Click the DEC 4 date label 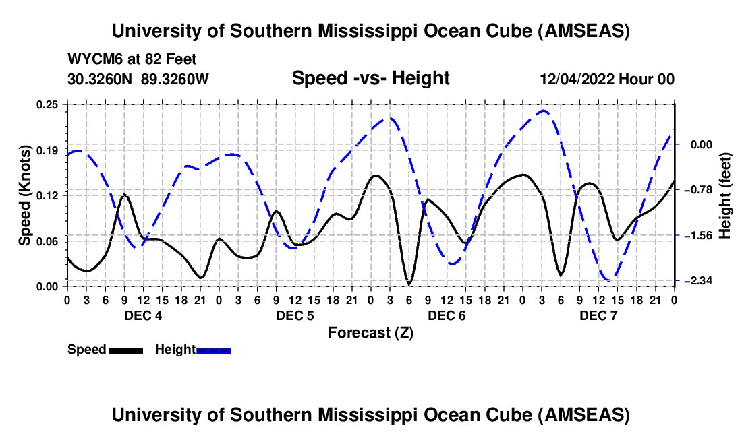pos(142,316)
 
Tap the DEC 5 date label pos(294,316)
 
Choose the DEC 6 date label pos(446,316)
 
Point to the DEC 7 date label pos(598,316)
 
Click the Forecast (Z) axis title pos(370,332)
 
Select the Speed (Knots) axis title pos(24,195)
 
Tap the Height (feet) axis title pos(725,195)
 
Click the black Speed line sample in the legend pos(125,350)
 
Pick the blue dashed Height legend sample pos(214,350)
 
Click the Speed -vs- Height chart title pos(370,79)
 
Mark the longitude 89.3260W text pos(175,79)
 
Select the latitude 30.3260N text pos(101,79)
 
